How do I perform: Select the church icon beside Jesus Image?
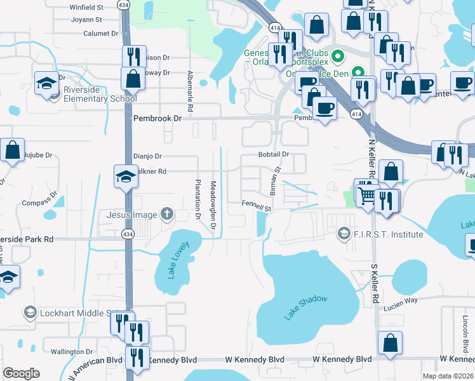click(167, 214)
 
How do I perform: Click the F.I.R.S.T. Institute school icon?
click(344, 234)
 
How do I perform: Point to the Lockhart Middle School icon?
click(29, 312)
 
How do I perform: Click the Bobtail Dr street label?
click(274, 154)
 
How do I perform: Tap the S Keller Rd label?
click(375, 279)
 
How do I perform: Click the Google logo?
click(22, 373)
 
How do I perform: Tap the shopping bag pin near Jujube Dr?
click(13, 151)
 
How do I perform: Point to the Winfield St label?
click(86, 8)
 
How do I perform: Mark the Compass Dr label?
click(40, 203)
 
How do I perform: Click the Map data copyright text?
click(448, 376)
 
